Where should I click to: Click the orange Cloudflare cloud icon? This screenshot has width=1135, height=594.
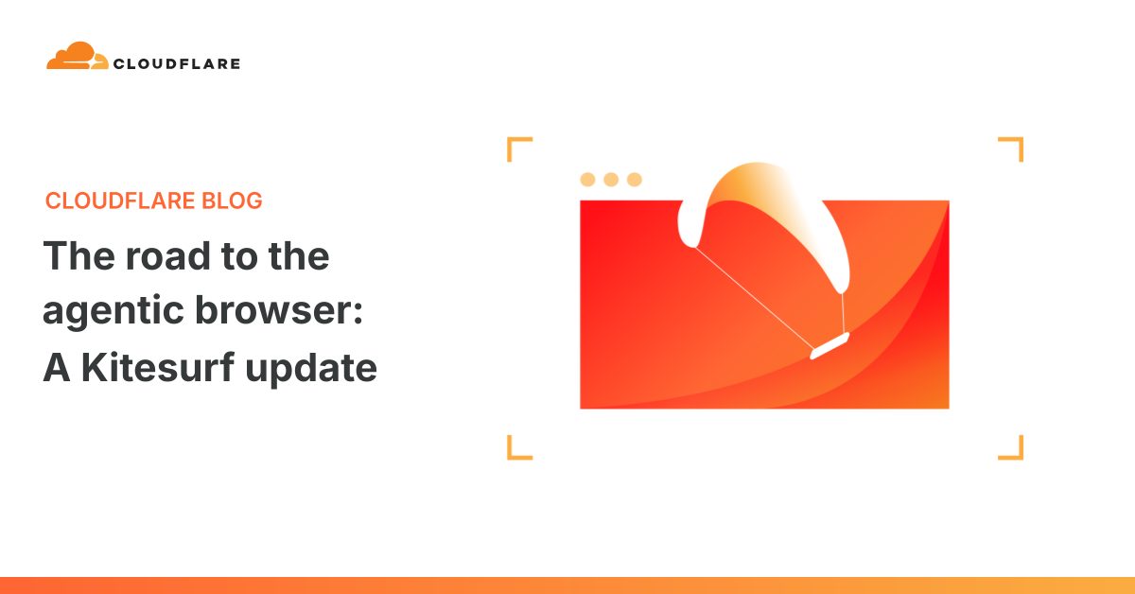[x=77, y=56]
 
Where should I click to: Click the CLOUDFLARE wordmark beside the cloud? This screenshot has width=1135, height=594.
[x=177, y=64]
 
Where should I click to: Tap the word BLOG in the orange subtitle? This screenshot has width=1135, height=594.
[x=232, y=201]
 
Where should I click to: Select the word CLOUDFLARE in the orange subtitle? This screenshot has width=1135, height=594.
[x=120, y=201]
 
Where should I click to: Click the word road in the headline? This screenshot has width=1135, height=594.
[x=167, y=255]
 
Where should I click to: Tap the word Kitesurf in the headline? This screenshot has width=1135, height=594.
[x=158, y=366]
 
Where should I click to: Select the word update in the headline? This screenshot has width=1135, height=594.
[x=311, y=369]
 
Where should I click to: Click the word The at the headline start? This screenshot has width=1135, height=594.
[x=79, y=255]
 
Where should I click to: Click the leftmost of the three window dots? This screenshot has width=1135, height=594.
[x=587, y=180]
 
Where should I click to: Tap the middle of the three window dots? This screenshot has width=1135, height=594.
[x=611, y=180]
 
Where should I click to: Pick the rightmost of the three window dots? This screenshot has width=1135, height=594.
[x=635, y=180]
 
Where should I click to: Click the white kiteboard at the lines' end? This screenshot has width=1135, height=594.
[x=829, y=345]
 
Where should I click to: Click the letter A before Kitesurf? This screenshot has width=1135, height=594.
[x=57, y=367]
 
